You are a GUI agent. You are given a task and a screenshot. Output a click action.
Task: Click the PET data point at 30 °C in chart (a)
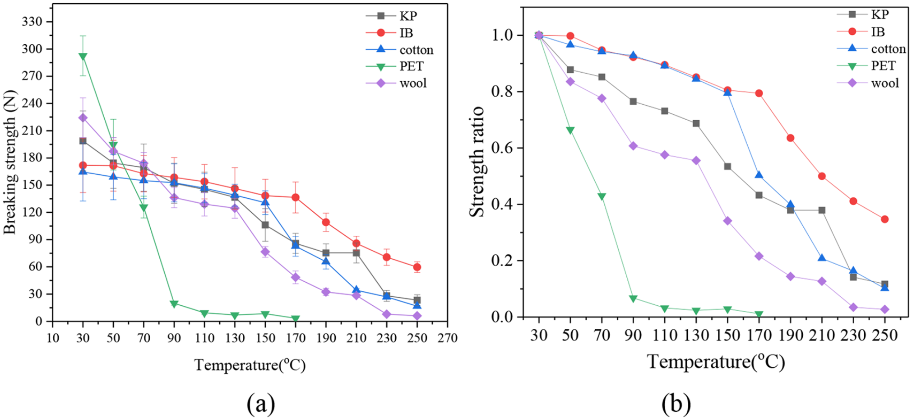(x=83, y=56)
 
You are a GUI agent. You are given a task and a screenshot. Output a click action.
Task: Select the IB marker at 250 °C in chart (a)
(x=417, y=267)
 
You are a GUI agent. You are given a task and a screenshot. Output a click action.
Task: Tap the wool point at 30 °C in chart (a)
(x=83, y=117)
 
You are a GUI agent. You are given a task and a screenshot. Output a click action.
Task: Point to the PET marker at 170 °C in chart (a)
(x=296, y=318)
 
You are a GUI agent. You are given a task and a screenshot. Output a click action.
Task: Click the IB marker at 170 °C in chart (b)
(x=759, y=93)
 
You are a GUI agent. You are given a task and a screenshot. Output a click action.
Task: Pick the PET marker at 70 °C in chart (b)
(x=602, y=196)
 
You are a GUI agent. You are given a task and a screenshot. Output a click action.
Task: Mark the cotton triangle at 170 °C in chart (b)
(x=759, y=175)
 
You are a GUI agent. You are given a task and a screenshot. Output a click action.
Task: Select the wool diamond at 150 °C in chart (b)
(x=727, y=221)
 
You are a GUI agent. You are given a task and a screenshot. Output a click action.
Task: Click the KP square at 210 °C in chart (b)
(x=822, y=210)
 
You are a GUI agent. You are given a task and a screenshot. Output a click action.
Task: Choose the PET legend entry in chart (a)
(x=395, y=66)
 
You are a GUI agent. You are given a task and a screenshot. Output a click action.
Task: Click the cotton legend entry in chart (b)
(x=871, y=49)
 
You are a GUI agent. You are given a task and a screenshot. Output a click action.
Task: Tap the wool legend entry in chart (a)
(x=396, y=83)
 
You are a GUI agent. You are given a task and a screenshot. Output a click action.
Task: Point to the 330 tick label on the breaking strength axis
(x=32, y=22)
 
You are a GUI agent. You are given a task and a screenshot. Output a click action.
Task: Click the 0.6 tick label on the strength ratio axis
(x=501, y=148)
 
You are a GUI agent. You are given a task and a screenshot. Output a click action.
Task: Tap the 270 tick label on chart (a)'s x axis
(x=447, y=338)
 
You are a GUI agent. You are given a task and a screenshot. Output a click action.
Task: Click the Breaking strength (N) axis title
(x=10, y=162)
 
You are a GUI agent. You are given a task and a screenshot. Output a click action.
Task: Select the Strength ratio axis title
(x=477, y=162)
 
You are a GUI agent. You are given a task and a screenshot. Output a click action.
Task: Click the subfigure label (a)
(x=261, y=403)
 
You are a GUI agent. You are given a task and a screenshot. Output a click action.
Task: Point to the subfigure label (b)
(x=676, y=403)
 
